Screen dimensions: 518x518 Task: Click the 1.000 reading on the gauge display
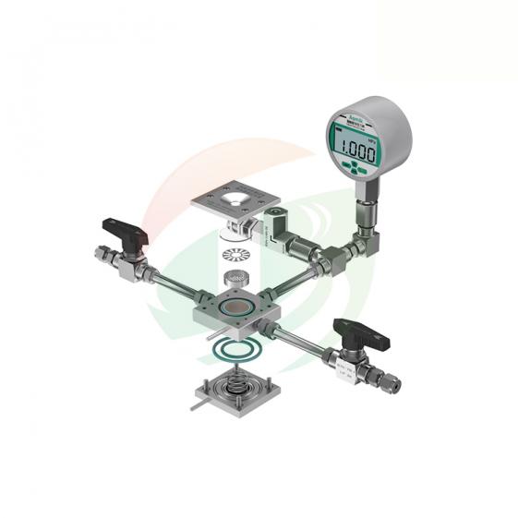355,151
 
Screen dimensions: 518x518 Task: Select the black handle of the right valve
356,330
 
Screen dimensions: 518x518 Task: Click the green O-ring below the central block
229,350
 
